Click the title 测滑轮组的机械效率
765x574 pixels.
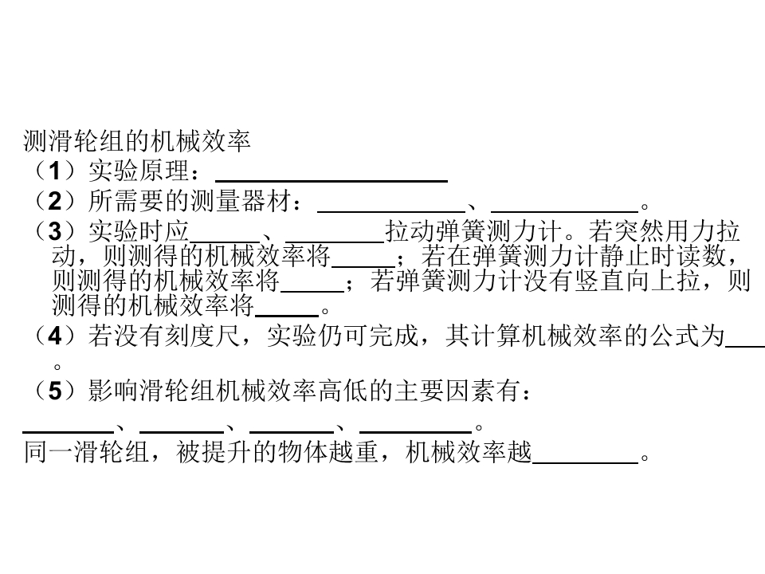pos(137,142)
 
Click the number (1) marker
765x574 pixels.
pos(55,171)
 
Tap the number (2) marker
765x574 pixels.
pos(55,201)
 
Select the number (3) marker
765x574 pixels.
pos(55,231)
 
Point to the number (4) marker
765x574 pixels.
pos(55,336)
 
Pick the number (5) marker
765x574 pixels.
pos(55,391)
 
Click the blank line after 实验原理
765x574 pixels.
pos(331,181)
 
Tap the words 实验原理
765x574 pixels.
pos(139,171)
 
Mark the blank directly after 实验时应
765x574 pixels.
pos(225,242)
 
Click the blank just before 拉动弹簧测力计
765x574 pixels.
pos(335,242)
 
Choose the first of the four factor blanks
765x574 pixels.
pos(69,432)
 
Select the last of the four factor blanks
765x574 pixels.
pos(416,432)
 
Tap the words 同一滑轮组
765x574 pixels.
pos(86,451)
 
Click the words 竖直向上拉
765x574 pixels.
pos(637,281)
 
